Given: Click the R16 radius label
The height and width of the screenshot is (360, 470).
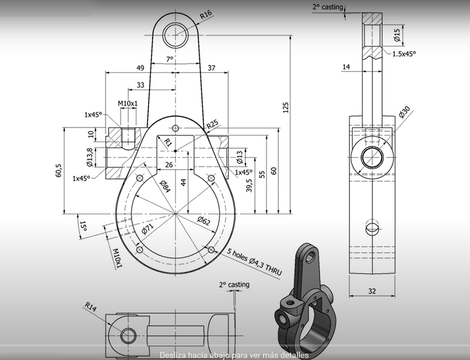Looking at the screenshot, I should (x=205, y=15).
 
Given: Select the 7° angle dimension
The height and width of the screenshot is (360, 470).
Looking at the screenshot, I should (x=169, y=59).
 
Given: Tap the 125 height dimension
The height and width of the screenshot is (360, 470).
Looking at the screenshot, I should (x=285, y=106).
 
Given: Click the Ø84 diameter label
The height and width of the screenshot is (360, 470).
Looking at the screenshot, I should (x=164, y=186).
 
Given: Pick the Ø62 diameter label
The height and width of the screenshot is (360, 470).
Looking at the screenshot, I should (x=204, y=221).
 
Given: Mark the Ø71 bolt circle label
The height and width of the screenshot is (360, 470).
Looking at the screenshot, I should (x=147, y=229).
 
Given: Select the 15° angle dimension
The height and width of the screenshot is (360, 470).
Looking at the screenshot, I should (x=83, y=226).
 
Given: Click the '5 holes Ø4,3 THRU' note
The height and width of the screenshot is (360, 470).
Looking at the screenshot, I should (x=254, y=262).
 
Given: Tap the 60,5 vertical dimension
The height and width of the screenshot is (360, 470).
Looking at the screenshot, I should (x=59, y=171).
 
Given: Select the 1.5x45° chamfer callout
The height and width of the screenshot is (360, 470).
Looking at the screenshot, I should (x=404, y=54).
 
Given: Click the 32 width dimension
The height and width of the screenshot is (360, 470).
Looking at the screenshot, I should (x=371, y=291).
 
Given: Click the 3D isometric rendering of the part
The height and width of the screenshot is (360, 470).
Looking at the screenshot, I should (x=303, y=304).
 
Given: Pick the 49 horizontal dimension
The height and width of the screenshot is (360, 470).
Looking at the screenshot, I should (x=140, y=67).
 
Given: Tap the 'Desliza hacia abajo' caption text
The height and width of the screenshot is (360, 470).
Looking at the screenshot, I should (x=234, y=355).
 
